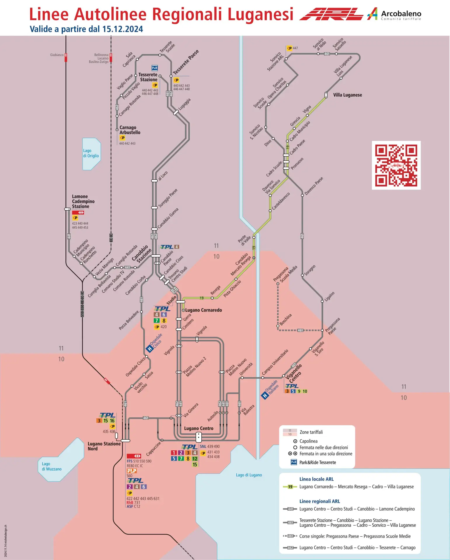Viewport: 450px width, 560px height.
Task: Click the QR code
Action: [396, 165]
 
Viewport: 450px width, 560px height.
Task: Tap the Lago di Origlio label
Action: [91, 153]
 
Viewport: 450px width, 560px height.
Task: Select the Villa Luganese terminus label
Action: [347, 95]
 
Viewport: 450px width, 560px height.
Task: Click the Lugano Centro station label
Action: [198, 428]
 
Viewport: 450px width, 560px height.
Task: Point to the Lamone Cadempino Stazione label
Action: [83, 202]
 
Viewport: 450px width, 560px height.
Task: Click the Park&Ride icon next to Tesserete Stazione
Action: [155, 68]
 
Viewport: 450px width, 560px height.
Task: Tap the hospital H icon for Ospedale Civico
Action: [150, 349]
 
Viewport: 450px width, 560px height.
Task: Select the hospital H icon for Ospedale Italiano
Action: [265, 395]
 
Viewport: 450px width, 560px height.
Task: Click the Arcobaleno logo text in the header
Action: [401, 14]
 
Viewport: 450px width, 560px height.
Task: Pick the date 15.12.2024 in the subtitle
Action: [123, 29]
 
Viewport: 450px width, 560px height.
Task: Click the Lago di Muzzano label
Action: [52, 466]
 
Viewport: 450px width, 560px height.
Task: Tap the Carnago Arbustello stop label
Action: [130, 130]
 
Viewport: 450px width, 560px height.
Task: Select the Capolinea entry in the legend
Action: [308, 441]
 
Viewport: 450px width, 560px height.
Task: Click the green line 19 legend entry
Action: [356, 487]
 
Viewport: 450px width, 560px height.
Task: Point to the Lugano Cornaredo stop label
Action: [203, 310]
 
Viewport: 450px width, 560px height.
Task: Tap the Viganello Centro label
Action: [294, 373]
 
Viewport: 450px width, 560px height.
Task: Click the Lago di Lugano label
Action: [249, 475]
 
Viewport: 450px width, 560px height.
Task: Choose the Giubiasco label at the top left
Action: [57, 55]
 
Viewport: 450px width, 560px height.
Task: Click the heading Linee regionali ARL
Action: [320, 501]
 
